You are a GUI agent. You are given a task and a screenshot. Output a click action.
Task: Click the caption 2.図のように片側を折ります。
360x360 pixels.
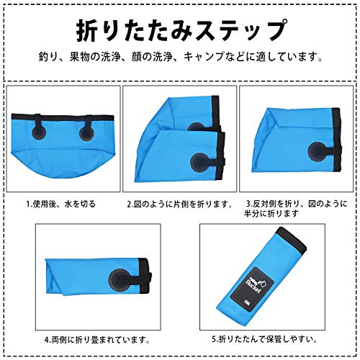[179, 204]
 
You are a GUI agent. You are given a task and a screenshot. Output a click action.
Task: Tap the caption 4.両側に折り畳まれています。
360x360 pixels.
[97, 337]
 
